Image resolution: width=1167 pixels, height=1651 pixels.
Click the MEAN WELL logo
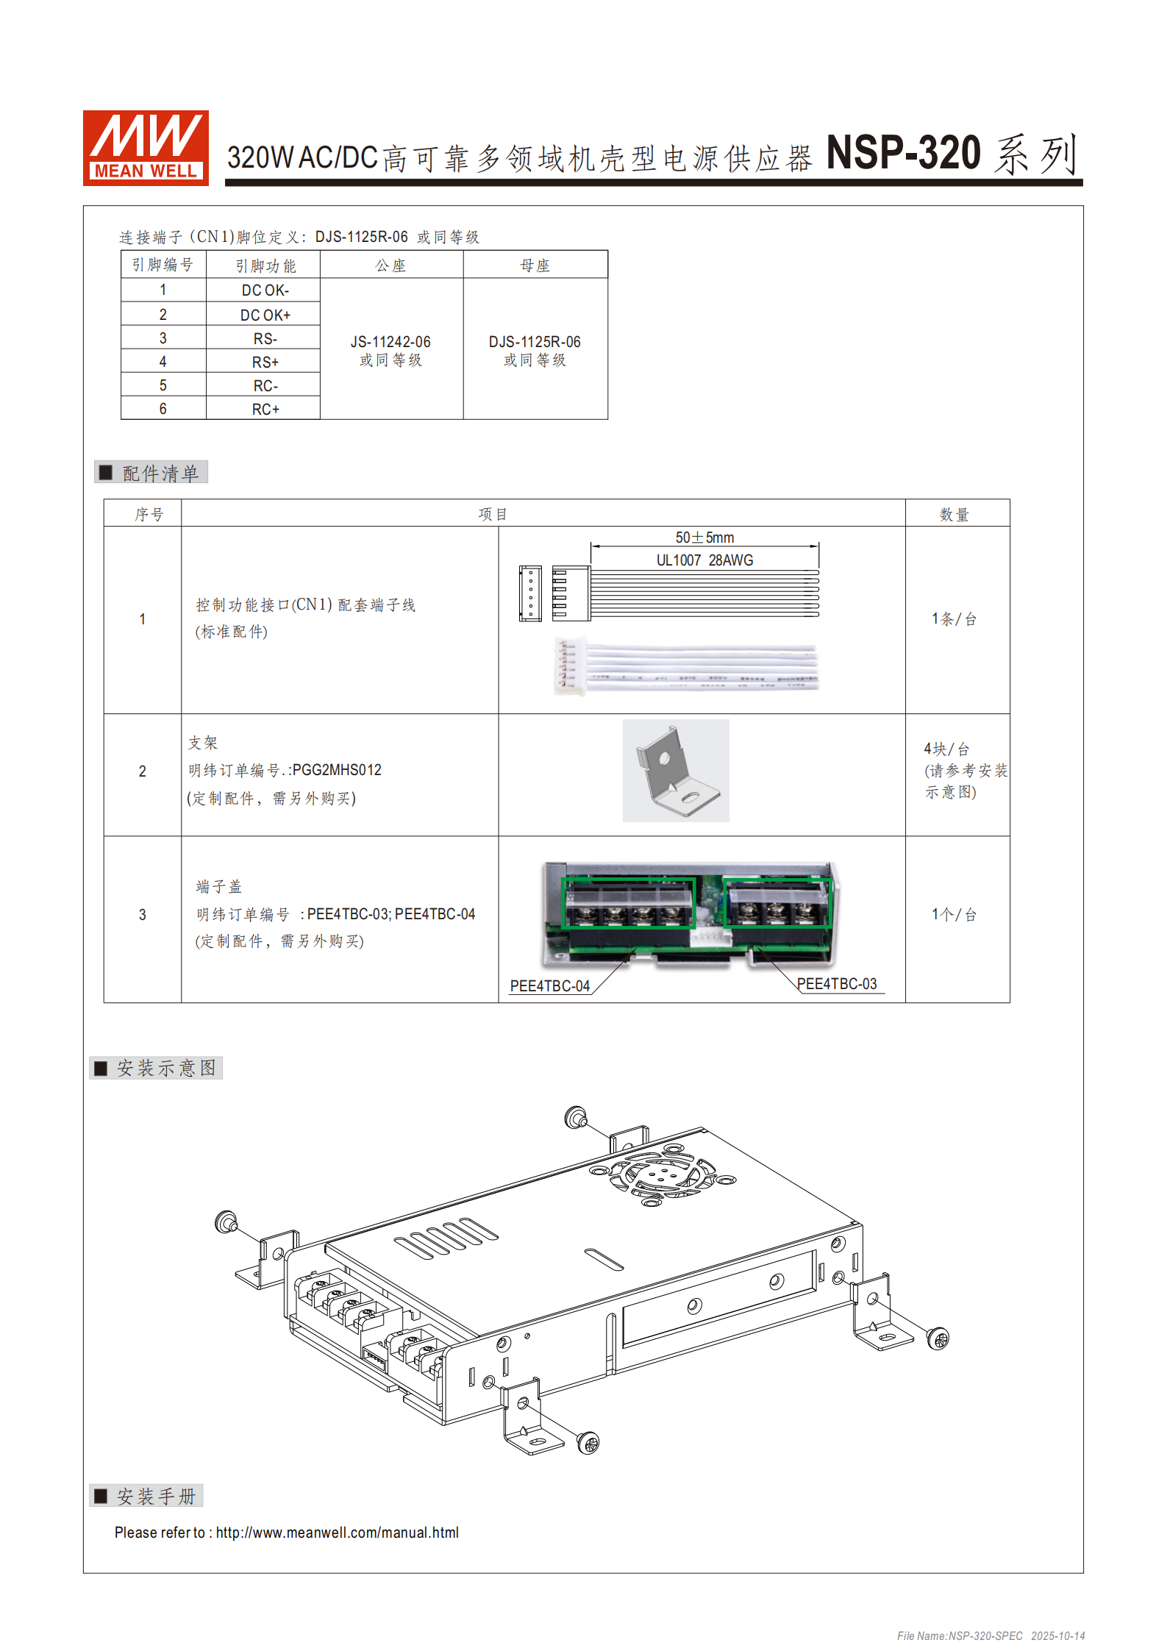pyautogui.click(x=146, y=148)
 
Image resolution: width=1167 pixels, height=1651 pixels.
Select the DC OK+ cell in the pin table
pyautogui.click(x=265, y=315)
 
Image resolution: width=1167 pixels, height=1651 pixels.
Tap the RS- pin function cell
pyautogui.click(x=265, y=338)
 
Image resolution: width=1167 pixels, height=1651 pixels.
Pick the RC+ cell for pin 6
pyautogui.click(x=265, y=409)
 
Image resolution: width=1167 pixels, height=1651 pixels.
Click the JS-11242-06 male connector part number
pyautogui.click(x=390, y=342)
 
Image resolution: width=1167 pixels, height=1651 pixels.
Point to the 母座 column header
pyautogui.click(x=535, y=265)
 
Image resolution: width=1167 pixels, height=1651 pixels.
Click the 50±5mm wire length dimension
pyautogui.click(x=704, y=538)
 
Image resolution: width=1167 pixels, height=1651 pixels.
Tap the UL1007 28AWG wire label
pyautogui.click(x=704, y=560)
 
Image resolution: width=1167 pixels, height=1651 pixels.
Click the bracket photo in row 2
pyautogui.click(x=675, y=771)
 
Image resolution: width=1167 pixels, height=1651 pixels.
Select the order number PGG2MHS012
pyautogui.click(x=338, y=770)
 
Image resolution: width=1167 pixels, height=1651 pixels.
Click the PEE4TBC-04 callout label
pyautogui.click(x=549, y=986)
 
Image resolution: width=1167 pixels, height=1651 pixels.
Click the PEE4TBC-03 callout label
pyautogui.click(x=836, y=984)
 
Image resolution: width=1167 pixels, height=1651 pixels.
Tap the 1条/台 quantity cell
pyautogui.click(x=954, y=619)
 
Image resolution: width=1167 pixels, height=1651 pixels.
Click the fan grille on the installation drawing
pyautogui.click(x=661, y=1174)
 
